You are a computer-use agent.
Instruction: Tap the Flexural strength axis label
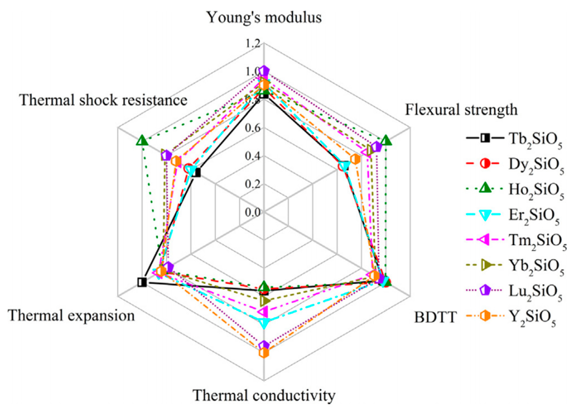click(x=461, y=110)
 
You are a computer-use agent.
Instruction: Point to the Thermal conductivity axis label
click(x=264, y=395)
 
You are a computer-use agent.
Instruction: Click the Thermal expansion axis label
click(x=71, y=316)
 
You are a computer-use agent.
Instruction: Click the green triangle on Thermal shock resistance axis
click(x=142, y=141)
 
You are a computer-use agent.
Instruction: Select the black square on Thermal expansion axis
click(x=142, y=282)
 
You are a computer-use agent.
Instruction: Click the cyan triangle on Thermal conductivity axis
click(x=264, y=323)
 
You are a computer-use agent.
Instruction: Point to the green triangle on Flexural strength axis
click(x=386, y=141)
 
